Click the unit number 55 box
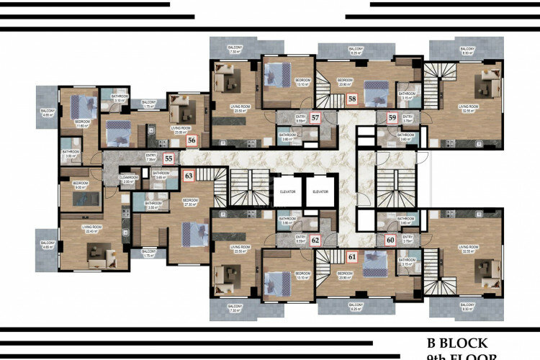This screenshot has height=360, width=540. click(168, 158)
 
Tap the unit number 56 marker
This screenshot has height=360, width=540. click(192, 141)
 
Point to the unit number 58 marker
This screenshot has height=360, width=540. click(352, 99)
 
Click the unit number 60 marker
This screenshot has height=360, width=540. click(390, 240)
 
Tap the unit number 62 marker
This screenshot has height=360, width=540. click(315, 240)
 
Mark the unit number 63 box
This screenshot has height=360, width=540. click(189, 174)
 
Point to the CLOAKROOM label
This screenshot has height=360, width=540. click(127, 180)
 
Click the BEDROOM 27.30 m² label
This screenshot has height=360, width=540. click(190, 202)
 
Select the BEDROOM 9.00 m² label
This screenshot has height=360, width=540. click(81, 184)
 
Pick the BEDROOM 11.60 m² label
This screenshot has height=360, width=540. click(81, 123)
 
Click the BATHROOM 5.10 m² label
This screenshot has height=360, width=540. click(120, 98)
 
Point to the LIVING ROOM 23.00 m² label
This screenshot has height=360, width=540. click(181, 130)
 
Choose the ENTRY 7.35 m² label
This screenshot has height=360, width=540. click(151, 157)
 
